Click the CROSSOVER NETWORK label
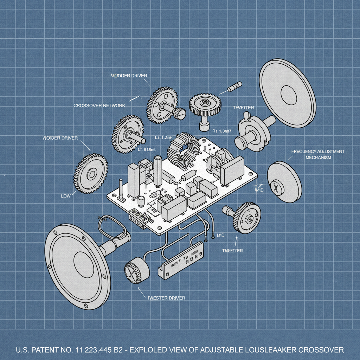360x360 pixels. pos(99,105)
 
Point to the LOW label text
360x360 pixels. pos(66,196)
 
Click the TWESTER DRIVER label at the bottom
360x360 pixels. pos(166,298)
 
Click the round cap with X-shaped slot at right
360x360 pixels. pos(284,182)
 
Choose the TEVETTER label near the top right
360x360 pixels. pos(243,107)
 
